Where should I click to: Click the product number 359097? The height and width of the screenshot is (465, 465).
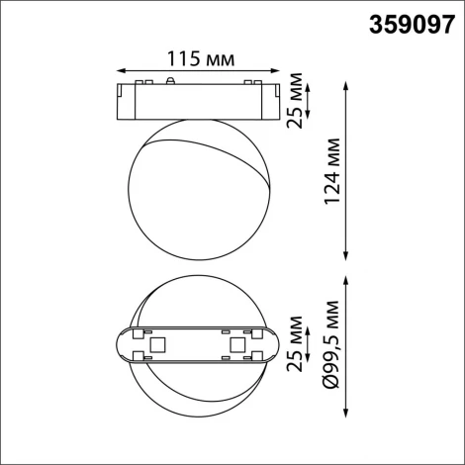point(407,23)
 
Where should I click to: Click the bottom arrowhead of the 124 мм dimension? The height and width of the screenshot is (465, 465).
point(346,253)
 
